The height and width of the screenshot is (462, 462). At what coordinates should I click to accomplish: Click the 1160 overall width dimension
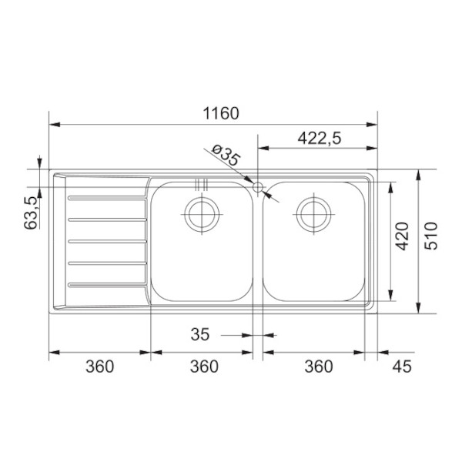(221, 113)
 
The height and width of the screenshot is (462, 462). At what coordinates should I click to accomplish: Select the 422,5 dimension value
(320, 138)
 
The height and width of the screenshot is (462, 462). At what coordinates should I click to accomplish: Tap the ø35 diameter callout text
(226, 155)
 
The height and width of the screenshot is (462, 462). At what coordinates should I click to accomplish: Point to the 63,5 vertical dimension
(32, 213)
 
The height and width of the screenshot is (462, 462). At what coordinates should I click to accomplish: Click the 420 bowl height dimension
(402, 236)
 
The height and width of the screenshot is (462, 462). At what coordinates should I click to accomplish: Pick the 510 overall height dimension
(431, 236)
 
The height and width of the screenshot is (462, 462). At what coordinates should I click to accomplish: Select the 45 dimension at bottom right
(402, 367)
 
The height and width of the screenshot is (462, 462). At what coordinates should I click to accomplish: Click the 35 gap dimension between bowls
(200, 334)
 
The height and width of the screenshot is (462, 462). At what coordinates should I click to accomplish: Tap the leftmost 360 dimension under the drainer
(99, 367)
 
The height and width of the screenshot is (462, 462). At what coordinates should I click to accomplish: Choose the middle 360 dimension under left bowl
(204, 367)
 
